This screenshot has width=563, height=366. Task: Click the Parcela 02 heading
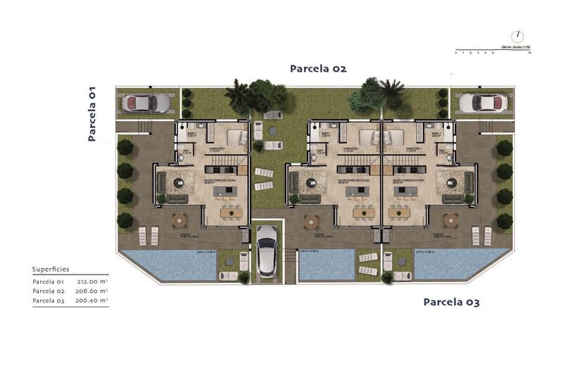click(x=318, y=68)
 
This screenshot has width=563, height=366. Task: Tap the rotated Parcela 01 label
click(x=91, y=114)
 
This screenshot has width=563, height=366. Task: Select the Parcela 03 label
click(x=451, y=302)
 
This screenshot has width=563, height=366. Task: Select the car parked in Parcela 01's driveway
click(x=146, y=103)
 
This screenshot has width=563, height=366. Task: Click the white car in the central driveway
click(x=265, y=250)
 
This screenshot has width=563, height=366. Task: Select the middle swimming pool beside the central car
click(x=326, y=265)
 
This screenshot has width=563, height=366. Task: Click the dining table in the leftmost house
click(x=229, y=211)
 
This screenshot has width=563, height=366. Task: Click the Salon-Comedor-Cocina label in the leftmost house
click(x=220, y=180)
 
